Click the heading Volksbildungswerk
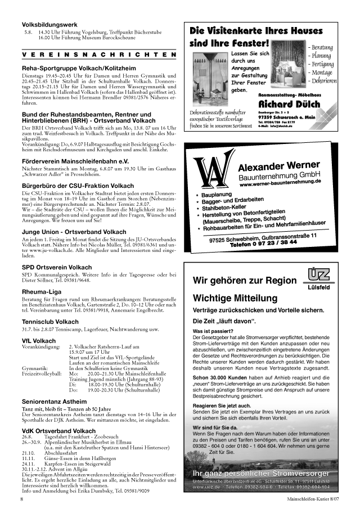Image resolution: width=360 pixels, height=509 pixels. [49, 25]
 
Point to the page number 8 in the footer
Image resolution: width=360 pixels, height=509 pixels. [22, 498]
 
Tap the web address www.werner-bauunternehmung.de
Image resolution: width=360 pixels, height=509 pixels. [280, 183]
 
